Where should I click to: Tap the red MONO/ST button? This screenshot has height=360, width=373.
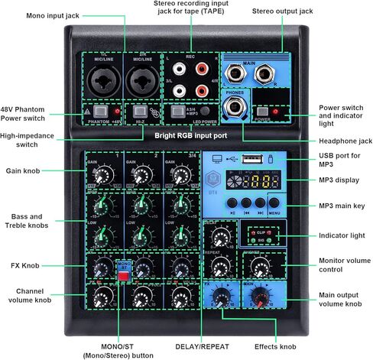tap(122, 276)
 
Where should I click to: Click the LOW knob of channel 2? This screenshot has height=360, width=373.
tap(140, 232)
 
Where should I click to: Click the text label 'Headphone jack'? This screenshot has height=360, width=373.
tap(342, 141)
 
